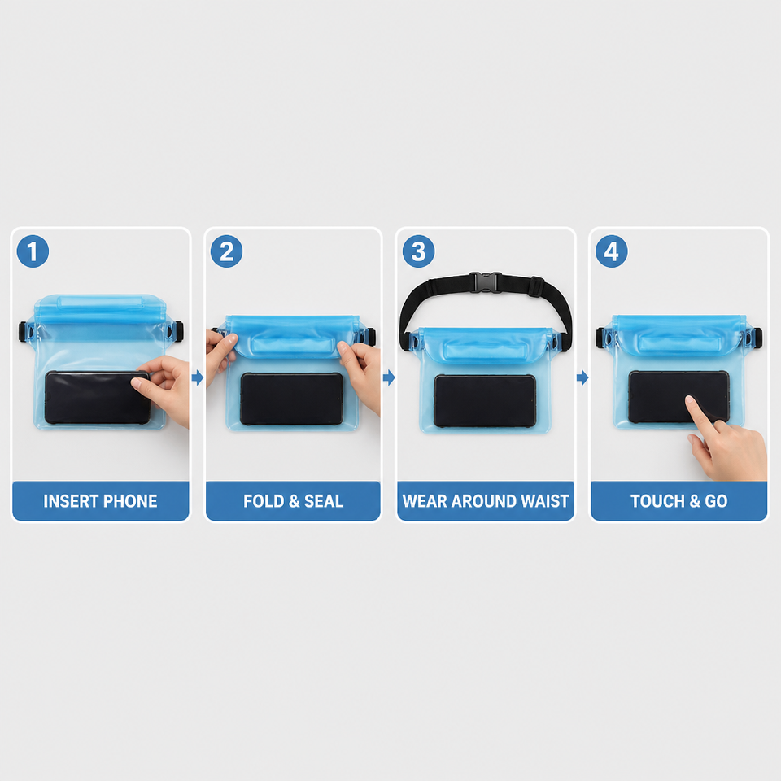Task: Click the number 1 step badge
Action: pyautogui.click(x=33, y=251)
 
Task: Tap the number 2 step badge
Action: pyautogui.click(x=227, y=251)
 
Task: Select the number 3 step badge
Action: pyautogui.click(x=418, y=251)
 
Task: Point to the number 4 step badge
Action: pyautogui.click(x=612, y=251)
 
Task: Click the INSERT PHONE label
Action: pyautogui.click(x=100, y=501)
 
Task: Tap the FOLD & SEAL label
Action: pyautogui.click(x=294, y=501)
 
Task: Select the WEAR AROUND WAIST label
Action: pyautogui.click(x=486, y=501)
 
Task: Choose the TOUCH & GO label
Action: pyautogui.click(x=678, y=501)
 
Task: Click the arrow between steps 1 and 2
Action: pyautogui.click(x=198, y=377)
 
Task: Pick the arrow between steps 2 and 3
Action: pyautogui.click(x=389, y=377)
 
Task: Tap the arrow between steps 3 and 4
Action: pyautogui.click(x=582, y=377)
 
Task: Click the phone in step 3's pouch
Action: pyautogui.click(x=485, y=401)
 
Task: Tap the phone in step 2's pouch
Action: pyautogui.click(x=292, y=399)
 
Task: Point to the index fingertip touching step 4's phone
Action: pyautogui.click(x=690, y=399)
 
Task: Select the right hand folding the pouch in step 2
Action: pyautogui.click(x=360, y=373)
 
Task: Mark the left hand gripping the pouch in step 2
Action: pyautogui.click(x=220, y=355)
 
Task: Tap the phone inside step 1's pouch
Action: pyautogui.click(x=97, y=398)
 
